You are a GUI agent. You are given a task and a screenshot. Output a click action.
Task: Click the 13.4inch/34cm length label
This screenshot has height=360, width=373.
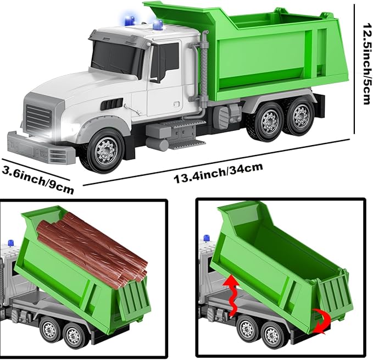point(219,173)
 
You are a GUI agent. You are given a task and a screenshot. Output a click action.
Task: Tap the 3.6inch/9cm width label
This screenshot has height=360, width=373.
point(37,179)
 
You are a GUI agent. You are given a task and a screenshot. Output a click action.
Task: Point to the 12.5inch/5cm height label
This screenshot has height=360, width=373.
point(366,64)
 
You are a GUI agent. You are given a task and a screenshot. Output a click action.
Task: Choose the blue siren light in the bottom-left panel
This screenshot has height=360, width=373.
point(11,243)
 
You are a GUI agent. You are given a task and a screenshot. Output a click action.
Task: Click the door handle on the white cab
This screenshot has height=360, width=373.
point(177,104)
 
